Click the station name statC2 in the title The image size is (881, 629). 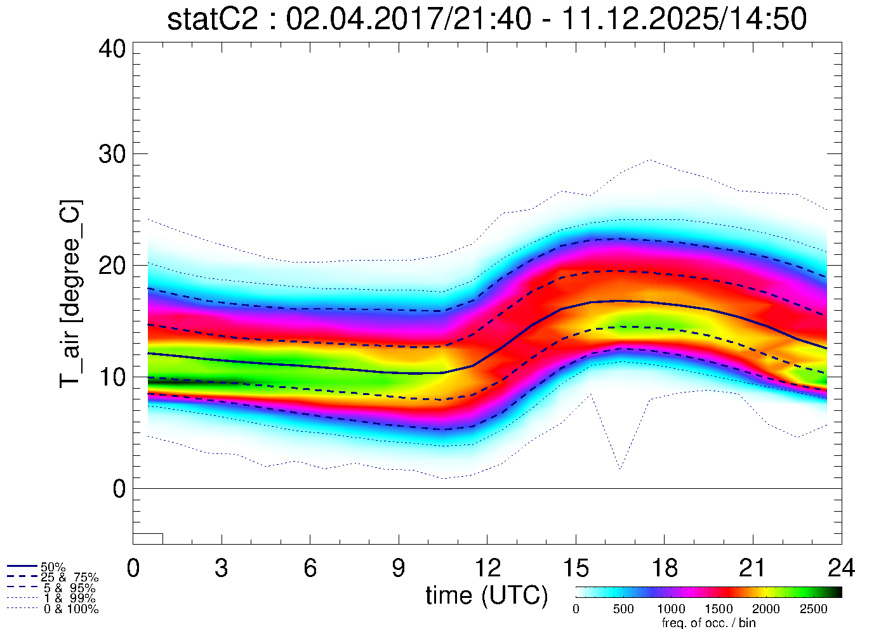(213, 19)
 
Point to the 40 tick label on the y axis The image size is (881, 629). (112, 49)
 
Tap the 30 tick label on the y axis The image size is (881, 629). (112, 154)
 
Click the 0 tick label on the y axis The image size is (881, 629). (119, 489)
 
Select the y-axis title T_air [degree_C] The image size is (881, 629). (70, 294)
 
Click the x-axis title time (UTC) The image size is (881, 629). (487, 595)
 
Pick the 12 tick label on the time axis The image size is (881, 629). (487, 567)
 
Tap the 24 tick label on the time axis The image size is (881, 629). (841, 567)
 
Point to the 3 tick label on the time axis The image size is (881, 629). (222, 567)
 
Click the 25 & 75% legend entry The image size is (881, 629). (69, 578)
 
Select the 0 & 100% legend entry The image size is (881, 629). (70, 609)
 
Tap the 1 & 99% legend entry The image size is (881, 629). (69, 599)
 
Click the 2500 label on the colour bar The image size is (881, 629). (813, 609)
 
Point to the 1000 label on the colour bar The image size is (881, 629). (671, 609)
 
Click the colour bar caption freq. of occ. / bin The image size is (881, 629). (708, 623)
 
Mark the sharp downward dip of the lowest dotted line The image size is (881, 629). (620, 468)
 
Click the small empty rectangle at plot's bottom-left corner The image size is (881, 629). (148, 539)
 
